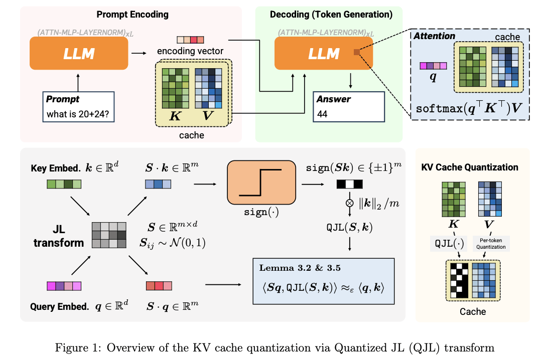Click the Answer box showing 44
[x=348, y=107]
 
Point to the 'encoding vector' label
[x=190, y=52]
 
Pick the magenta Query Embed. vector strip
[x=63, y=286]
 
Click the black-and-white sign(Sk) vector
[x=350, y=184]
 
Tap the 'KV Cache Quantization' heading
[x=469, y=167]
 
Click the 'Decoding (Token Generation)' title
[x=331, y=15]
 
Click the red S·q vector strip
[x=158, y=286]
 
